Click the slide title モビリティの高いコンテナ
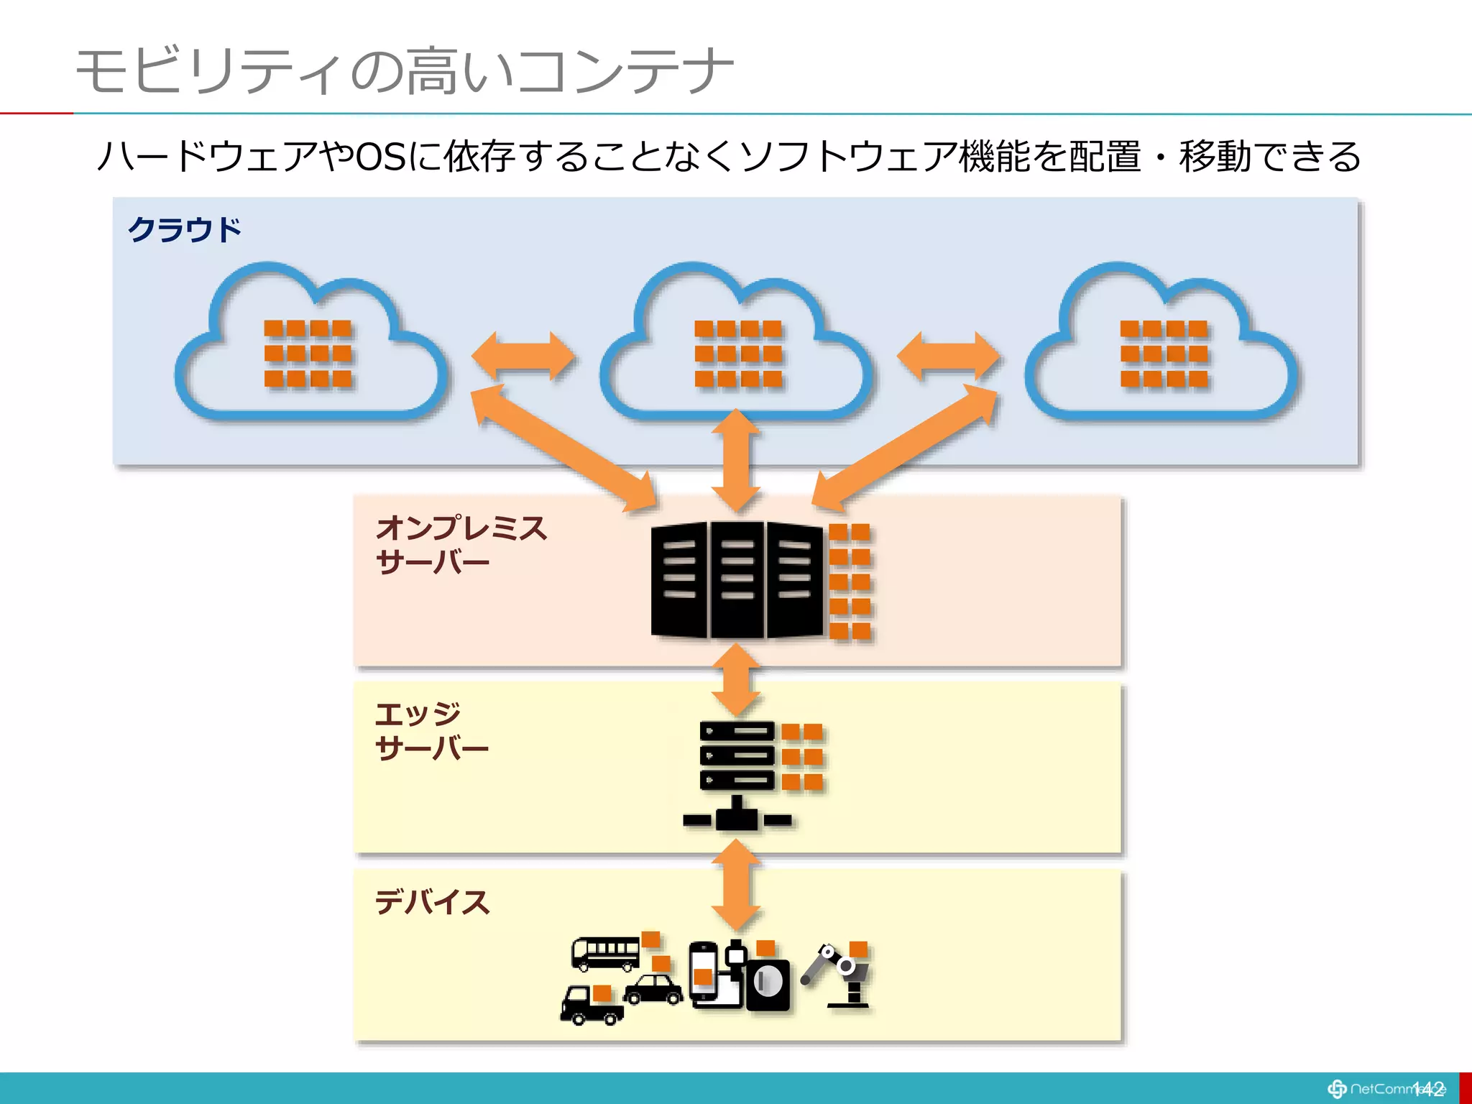[x=405, y=71]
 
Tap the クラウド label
[x=184, y=230]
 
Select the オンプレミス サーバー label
[x=460, y=544]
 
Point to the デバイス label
[x=432, y=902]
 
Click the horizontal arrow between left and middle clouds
[x=523, y=356]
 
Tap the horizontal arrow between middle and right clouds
[x=949, y=356]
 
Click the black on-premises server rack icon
[x=736, y=580]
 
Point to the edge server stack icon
[x=737, y=773]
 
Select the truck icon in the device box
[x=591, y=1003]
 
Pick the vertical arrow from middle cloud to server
[x=736, y=460]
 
